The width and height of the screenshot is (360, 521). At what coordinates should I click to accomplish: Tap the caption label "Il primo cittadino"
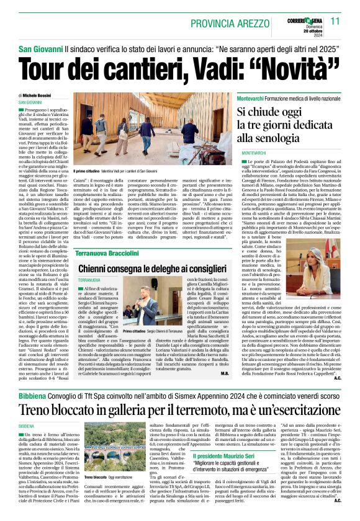click(x=88, y=171)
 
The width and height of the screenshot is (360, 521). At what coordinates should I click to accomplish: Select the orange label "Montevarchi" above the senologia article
click(x=254, y=99)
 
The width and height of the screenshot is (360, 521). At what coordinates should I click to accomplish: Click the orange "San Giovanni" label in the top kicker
click(x=39, y=48)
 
